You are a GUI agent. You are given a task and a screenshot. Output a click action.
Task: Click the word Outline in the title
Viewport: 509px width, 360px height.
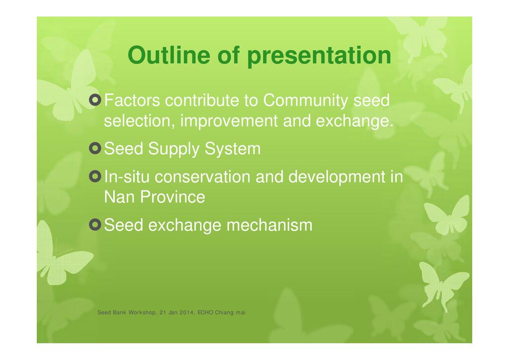(169, 55)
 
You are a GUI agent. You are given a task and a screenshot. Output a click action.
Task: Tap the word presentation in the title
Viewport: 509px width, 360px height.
(319, 56)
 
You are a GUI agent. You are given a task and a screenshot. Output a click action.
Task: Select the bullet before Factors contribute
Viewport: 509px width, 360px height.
(95, 100)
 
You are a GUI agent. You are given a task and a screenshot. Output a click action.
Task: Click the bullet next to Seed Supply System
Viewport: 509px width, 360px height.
(95, 148)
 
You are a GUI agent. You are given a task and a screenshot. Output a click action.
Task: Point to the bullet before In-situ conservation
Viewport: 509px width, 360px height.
(95, 177)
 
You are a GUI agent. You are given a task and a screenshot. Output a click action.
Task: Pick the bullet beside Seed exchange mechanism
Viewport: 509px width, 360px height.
(95, 225)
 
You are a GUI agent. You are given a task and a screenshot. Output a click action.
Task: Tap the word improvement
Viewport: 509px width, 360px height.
(229, 121)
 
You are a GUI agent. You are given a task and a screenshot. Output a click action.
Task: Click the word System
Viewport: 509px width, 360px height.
(233, 149)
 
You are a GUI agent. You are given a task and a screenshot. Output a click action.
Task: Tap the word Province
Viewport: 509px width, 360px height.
(172, 197)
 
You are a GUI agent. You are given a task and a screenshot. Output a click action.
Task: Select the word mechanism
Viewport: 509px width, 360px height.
(269, 225)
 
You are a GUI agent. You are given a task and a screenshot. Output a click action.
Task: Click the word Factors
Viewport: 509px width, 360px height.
(132, 100)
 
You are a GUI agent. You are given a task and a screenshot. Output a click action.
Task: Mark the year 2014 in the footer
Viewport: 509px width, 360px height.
(187, 313)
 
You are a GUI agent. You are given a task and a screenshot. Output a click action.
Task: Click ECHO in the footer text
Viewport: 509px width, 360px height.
(205, 313)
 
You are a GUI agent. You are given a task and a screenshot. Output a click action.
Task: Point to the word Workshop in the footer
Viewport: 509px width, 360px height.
(142, 313)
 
